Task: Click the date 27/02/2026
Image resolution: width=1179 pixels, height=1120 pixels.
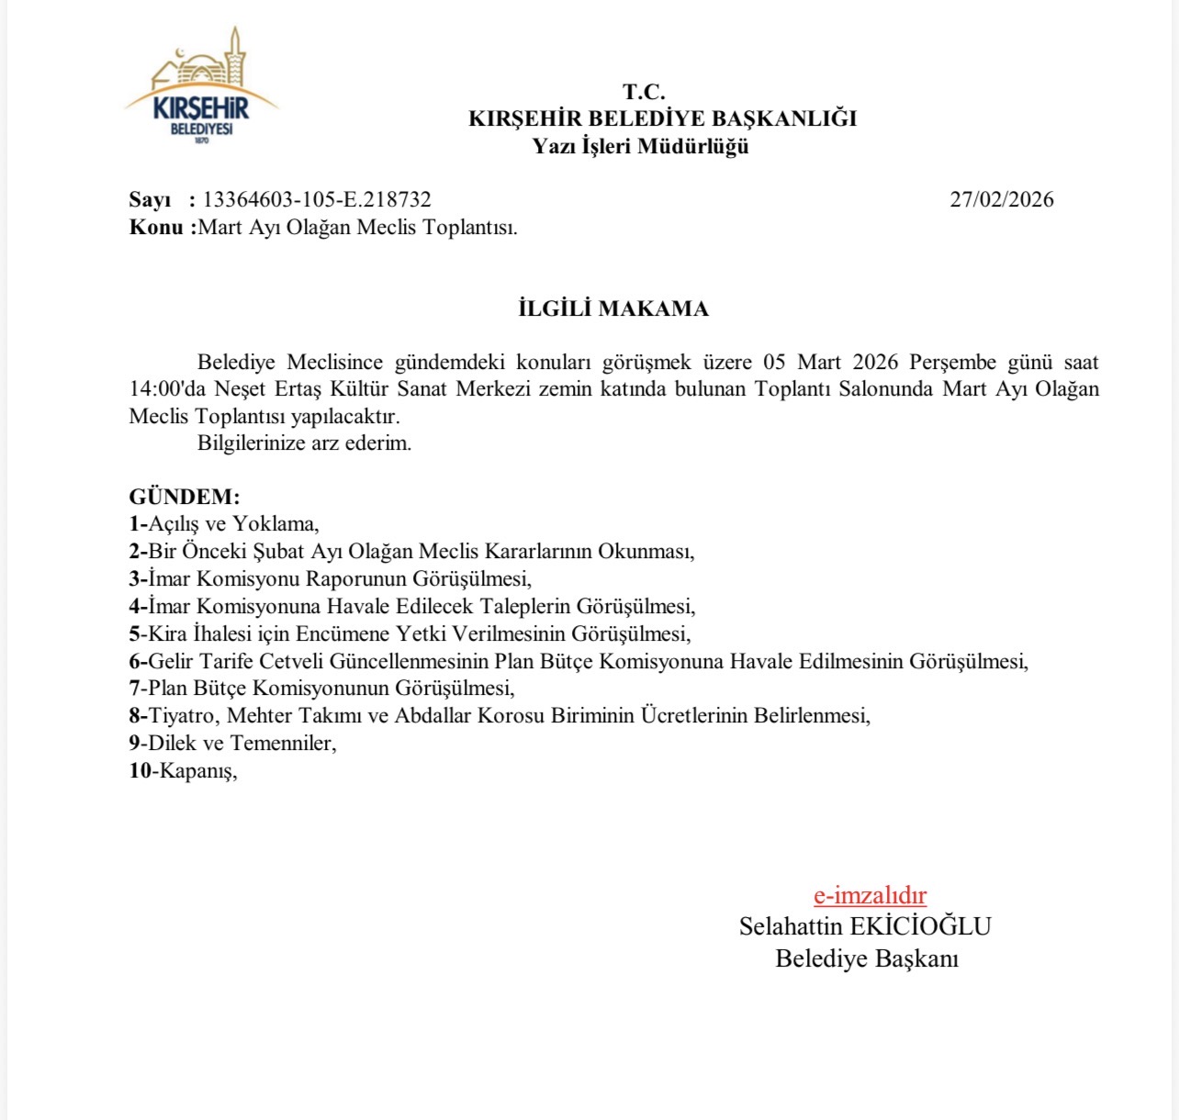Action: click(1001, 199)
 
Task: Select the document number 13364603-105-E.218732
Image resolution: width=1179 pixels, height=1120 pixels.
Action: click(317, 199)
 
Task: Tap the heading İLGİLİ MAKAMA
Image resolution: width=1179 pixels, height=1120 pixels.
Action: click(613, 308)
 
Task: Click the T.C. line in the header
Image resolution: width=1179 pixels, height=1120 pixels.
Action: click(644, 92)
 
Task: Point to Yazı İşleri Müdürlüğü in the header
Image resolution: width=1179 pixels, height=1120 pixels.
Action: click(641, 146)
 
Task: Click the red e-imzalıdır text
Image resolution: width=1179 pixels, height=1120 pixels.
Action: click(870, 895)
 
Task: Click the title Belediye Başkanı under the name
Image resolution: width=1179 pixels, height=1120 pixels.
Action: click(867, 958)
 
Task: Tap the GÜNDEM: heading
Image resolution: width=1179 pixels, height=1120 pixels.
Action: click(184, 497)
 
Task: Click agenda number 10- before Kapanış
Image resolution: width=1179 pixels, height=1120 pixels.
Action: click(143, 770)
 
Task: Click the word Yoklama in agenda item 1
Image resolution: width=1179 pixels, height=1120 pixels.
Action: click(275, 524)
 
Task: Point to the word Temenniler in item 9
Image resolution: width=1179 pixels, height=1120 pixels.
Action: click(282, 743)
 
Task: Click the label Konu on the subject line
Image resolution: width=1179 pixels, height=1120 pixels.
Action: click(157, 227)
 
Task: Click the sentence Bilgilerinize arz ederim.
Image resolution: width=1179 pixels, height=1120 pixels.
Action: click(304, 443)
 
